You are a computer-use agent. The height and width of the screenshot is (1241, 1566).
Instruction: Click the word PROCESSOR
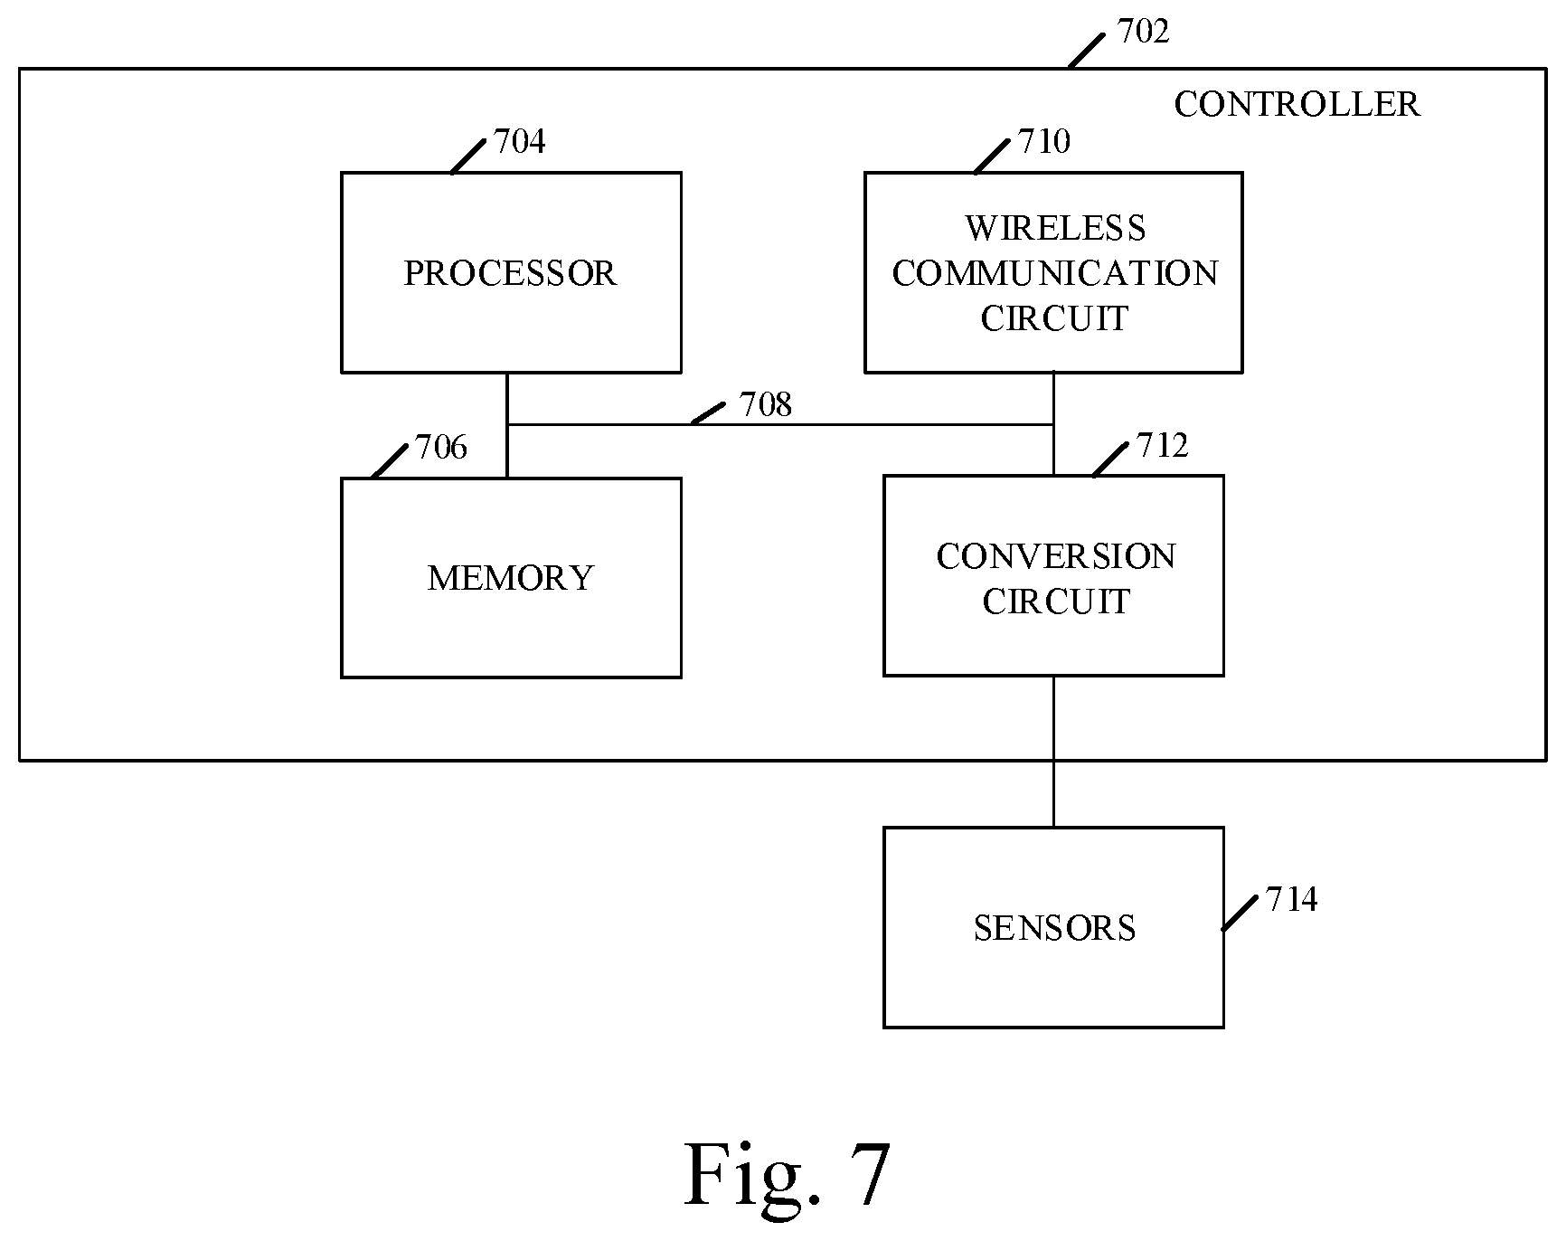click(x=510, y=273)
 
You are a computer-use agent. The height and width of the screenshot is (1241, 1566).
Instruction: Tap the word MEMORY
click(x=511, y=578)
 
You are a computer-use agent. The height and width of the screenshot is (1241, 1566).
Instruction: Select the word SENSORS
click(x=1054, y=928)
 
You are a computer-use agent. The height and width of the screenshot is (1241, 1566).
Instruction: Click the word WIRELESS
click(x=1055, y=228)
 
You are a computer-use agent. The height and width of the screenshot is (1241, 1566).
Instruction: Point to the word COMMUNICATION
click(x=1055, y=273)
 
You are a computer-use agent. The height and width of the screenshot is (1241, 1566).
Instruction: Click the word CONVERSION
click(x=1056, y=556)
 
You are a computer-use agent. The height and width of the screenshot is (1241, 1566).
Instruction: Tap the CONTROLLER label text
click(x=1297, y=104)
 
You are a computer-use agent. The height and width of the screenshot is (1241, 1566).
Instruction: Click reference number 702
click(x=1144, y=32)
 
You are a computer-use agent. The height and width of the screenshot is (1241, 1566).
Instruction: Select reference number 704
click(x=520, y=142)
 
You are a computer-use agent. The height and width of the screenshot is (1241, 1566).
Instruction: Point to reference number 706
click(x=441, y=447)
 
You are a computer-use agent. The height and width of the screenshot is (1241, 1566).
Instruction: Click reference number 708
click(x=766, y=405)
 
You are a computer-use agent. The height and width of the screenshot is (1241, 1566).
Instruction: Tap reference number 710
click(x=1044, y=141)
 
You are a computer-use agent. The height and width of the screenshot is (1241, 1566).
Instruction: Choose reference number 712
click(x=1162, y=445)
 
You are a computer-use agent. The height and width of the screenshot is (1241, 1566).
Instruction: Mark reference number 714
click(x=1291, y=899)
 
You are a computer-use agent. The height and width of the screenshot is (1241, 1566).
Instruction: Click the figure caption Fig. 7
click(x=788, y=1174)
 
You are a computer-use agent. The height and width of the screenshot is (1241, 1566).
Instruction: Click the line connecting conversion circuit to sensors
click(x=1053, y=752)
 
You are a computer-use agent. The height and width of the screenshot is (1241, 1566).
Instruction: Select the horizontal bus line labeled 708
click(x=780, y=424)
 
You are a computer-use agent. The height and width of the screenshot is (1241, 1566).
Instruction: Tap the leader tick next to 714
click(x=1240, y=913)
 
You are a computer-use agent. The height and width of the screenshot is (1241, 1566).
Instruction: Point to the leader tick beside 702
click(x=1086, y=51)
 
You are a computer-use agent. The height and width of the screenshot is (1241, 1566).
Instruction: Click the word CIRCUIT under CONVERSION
click(x=1056, y=602)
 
